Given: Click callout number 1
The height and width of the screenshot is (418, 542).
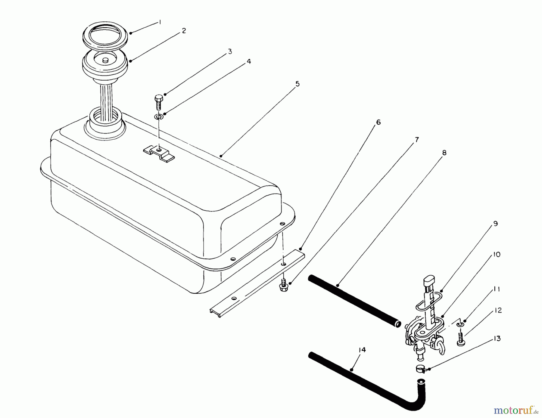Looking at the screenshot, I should point(160,22).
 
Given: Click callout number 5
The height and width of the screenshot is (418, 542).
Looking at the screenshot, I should point(297,84).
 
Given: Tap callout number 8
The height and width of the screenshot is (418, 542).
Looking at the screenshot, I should point(444,153).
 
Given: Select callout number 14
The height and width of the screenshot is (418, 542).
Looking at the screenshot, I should point(362,350).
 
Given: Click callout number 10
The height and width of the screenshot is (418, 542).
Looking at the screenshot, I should point(497,255).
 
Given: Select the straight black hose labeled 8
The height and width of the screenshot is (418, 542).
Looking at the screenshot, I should point(354,302).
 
